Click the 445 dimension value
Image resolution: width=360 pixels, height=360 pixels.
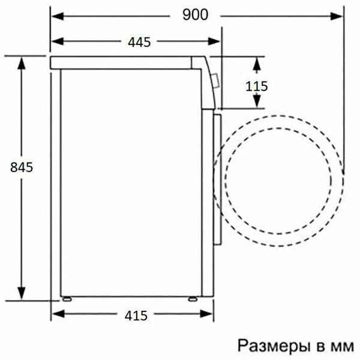[x=138, y=41]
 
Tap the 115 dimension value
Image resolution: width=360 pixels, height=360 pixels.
[x=256, y=86]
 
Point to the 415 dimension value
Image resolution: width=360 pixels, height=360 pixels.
[x=138, y=314]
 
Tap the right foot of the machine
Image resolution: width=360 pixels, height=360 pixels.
[x=193, y=298]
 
